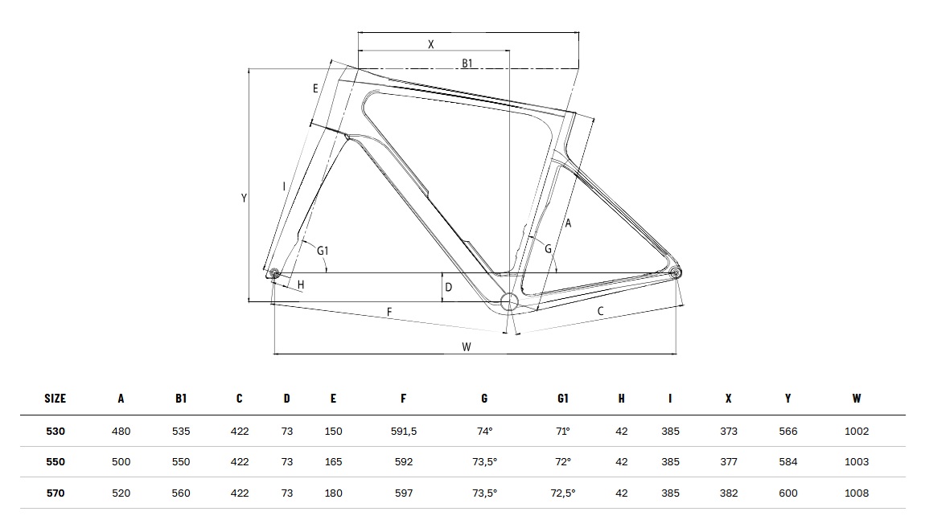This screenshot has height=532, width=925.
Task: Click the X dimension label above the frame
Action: [x=430, y=44]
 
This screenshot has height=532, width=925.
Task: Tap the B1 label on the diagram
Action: [x=467, y=63]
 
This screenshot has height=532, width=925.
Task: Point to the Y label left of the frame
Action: [x=244, y=198]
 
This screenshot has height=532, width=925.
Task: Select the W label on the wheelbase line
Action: [x=467, y=347]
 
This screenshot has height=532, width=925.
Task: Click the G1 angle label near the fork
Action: [x=323, y=251]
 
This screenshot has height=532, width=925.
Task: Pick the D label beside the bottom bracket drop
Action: [x=448, y=287]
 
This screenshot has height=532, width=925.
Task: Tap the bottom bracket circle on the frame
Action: [x=509, y=302]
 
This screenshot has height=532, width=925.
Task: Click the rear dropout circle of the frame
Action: [x=676, y=272]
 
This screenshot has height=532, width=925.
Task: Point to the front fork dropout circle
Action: [x=273, y=272]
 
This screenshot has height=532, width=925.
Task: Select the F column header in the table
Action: [x=404, y=399]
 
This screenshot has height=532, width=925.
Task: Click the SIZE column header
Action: [x=55, y=399]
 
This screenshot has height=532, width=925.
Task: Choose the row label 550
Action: [x=55, y=462]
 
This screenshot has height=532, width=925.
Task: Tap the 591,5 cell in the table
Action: [x=404, y=432]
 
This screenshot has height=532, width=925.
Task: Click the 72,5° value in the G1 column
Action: [x=563, y=493]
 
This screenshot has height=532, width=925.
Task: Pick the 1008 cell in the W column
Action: [x=857, y=493]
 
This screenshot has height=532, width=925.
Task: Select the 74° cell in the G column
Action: [x=484, y=432]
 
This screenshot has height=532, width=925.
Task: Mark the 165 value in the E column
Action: [x=333, y=462]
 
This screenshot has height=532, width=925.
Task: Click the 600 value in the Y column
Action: [x=788, y=493]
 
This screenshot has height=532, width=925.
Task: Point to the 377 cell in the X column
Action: [x=729, y=462]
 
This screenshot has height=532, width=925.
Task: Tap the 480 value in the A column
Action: [x=121, y=432]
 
